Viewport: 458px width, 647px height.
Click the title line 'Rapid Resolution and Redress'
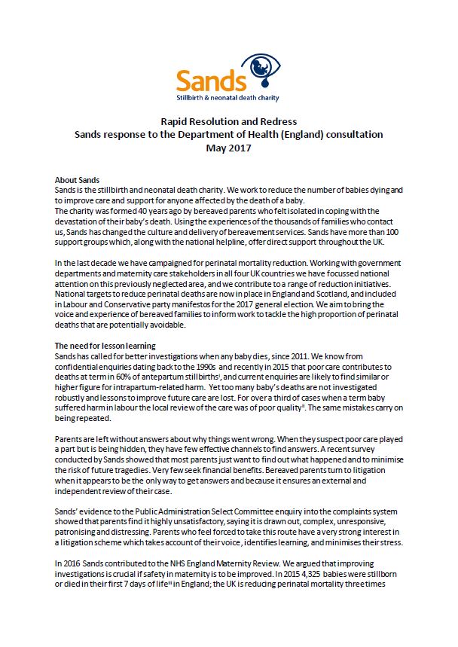click(229, 121)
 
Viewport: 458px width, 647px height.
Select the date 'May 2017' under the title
click(228, 148)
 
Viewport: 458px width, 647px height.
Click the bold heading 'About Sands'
click(78, 181)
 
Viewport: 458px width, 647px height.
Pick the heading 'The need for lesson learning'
click(105, 345)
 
